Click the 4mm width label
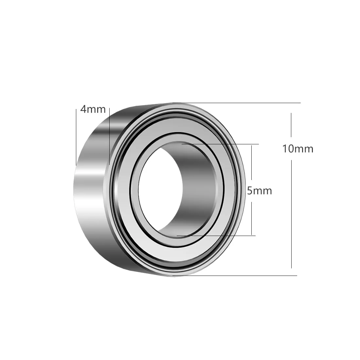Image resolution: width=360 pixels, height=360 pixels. click(x=93, y=109)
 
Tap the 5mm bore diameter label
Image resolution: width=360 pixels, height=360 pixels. click(x=260, y=191)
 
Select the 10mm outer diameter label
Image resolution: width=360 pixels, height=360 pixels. click(x=297, y=149)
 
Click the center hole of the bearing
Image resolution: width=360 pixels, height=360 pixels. click(x=161, y=189)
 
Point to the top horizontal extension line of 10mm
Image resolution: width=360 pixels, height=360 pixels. click(x=237, y=103)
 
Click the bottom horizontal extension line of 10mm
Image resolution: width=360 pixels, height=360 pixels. click(x=235, y=276)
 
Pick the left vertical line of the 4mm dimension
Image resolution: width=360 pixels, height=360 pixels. click(x=76, y=137)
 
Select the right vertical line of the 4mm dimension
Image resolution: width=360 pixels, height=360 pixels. click(x=110, y=136)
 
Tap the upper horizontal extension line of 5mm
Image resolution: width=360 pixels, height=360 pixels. click(x=220, y=144)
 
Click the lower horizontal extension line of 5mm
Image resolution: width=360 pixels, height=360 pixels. click(x=216, y=236)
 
